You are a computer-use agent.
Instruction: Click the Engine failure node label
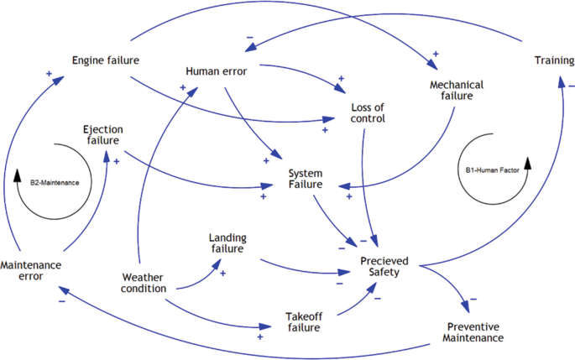click(105, 60)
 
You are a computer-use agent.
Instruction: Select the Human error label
click(216, 71)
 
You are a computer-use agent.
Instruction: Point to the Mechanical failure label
click(452, 90)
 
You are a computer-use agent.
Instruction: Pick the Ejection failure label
click(103, 135)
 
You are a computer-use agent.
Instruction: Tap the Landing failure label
click(227, 243)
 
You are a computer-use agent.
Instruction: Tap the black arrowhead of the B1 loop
click(528, 162)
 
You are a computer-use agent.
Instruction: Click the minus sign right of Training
click(570, 86)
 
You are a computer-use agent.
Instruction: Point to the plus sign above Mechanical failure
click(435, 55)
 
